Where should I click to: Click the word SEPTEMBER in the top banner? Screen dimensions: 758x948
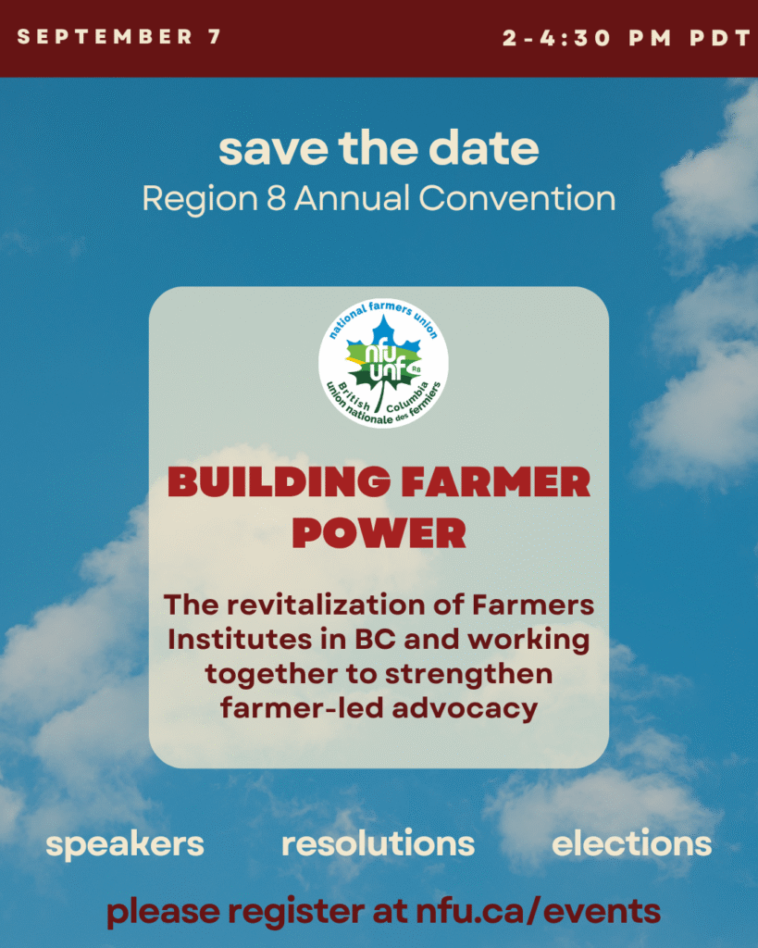(105, 37)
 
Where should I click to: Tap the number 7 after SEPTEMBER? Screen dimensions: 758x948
(215, 37)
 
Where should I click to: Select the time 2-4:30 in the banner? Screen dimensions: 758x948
(557, 39)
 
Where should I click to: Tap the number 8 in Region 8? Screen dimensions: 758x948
(276, 198)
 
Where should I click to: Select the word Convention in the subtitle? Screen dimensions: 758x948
(517, 198)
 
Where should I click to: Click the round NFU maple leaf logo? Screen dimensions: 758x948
(383, 363)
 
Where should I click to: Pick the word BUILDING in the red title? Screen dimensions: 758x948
(280, 482)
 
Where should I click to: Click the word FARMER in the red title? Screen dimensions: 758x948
(496, 481)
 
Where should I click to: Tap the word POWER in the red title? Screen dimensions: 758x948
(379, 533)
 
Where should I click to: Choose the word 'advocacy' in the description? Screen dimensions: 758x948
(465, 708)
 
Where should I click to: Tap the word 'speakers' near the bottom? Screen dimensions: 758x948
(125, 844)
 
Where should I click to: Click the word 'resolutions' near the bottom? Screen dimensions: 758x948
(379, 843)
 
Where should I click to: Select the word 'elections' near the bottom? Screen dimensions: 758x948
(631, 843)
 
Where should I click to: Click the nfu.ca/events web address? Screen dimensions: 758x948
(538, 911)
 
